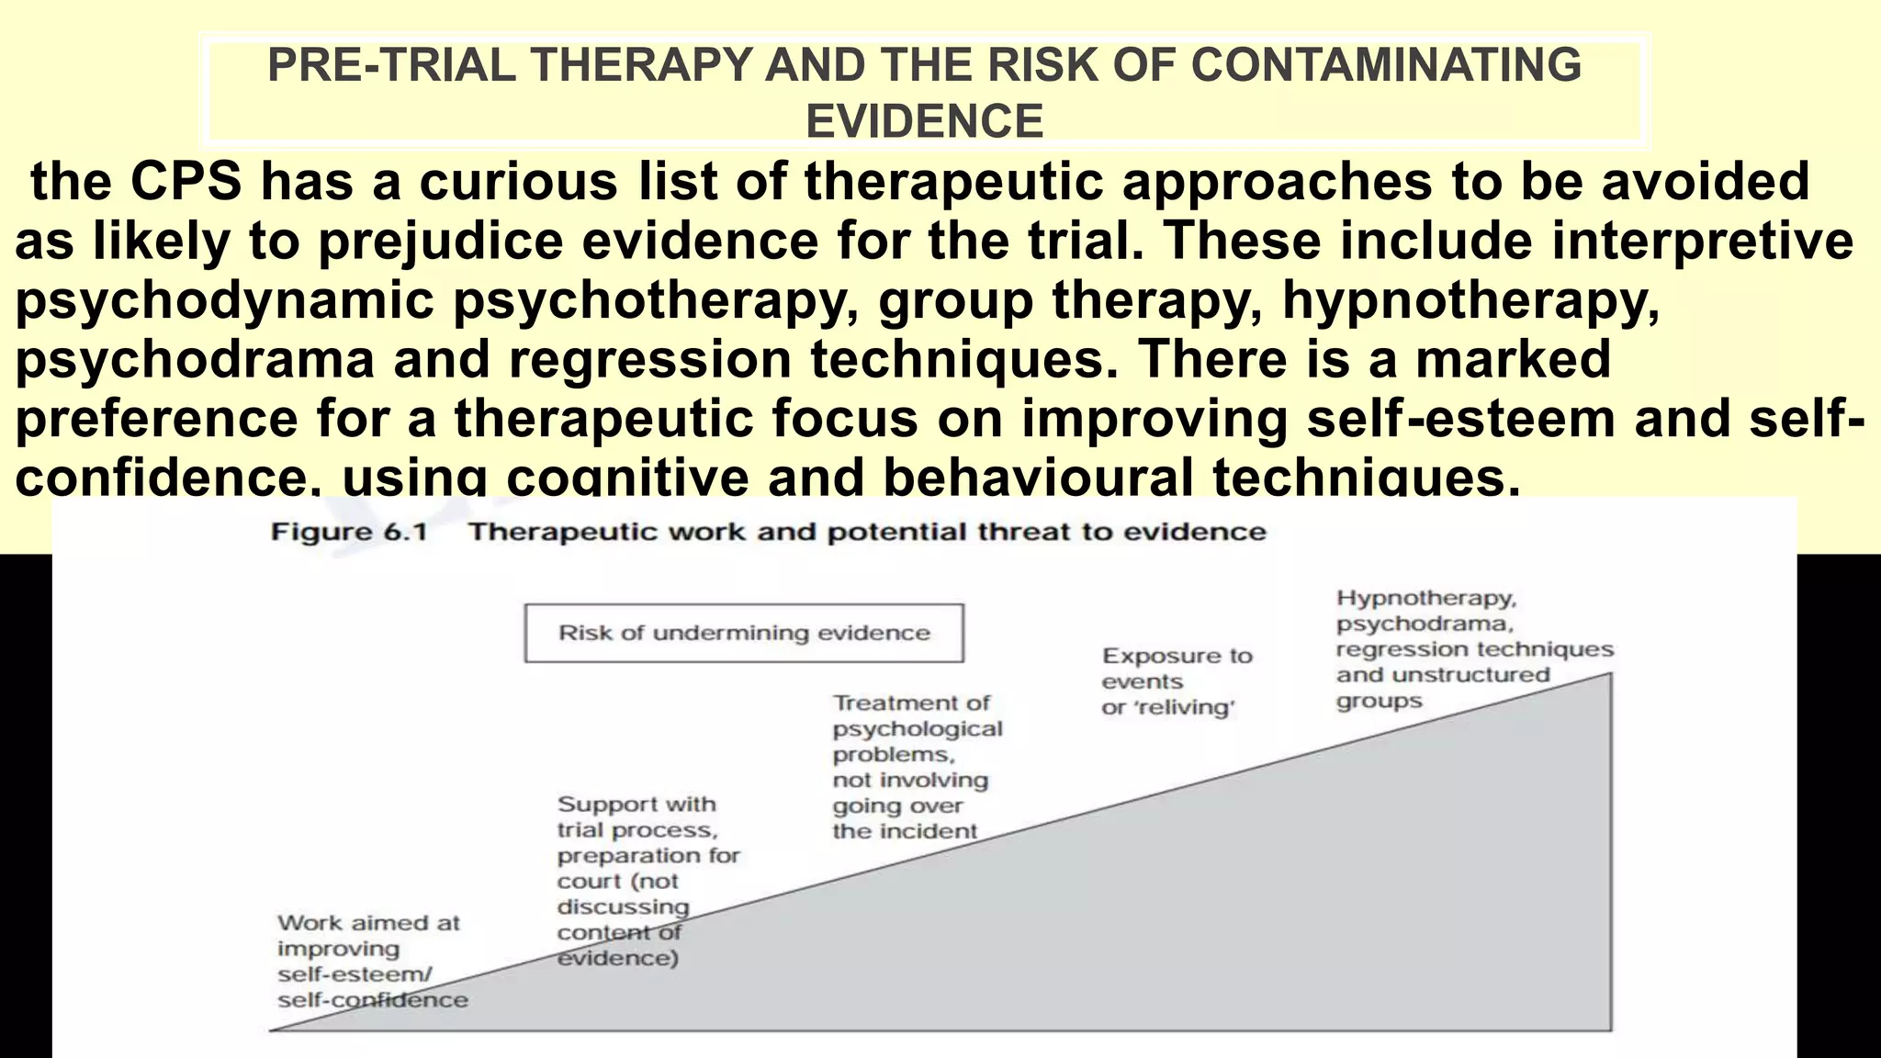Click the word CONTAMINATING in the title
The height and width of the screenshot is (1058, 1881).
(x=1386, y=65)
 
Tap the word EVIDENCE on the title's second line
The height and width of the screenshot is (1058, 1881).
(x=925, y=121)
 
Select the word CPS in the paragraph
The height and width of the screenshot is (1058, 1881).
(x=186, y=181)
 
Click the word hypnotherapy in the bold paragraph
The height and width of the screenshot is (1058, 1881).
(x=1470, y=299)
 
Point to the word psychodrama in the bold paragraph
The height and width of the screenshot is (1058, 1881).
(x=195, y=358)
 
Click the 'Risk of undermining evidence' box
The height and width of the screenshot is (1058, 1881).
(x=744, y=633)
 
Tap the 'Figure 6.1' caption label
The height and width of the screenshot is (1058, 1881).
(x=349, y=532)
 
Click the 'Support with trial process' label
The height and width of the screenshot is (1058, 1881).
(x=648, y=880)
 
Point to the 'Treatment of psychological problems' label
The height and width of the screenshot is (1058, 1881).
(x=917, y=766)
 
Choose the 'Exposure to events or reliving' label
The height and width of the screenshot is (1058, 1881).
(x=1177, y=681)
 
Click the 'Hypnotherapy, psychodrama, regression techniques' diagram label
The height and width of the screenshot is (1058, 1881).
(x=1473, y=648)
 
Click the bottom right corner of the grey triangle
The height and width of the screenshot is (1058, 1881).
(x=1609, y=1029)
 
